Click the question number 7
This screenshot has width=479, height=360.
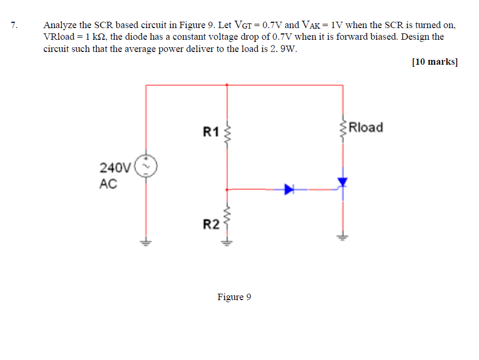[13, 25]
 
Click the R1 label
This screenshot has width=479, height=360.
[211, 131]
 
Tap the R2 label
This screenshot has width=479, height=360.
[211, 224]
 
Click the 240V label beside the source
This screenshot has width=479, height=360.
[115, 168]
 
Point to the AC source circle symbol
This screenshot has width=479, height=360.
[146, 166]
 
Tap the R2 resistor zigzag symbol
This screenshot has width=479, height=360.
[228, 216]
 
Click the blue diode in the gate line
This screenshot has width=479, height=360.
[289, 189]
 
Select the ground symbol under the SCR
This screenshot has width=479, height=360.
[343, 236]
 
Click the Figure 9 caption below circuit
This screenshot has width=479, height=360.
[234, 297]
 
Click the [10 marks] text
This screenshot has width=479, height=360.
[434, 62]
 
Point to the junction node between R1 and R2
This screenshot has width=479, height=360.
[228, 189]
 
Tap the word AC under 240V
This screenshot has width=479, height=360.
[108, 184]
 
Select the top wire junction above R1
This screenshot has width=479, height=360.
[228, 84]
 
